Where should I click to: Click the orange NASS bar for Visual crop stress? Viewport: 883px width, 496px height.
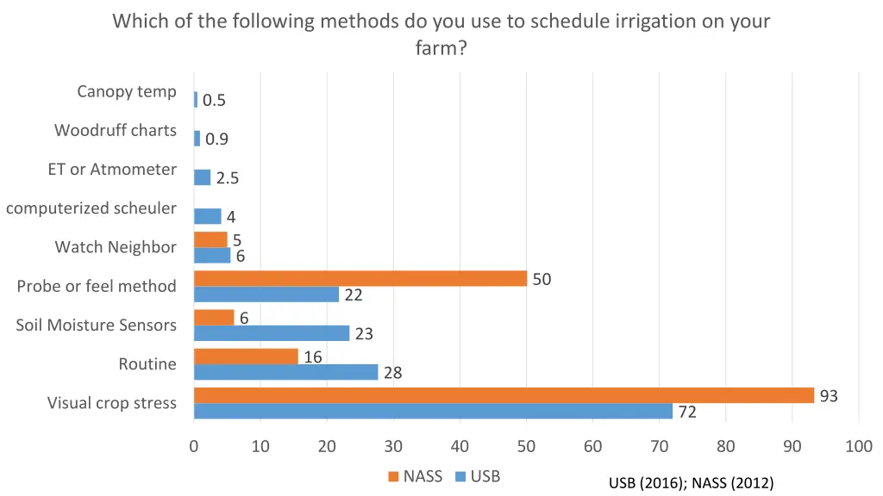[x=504, y=395]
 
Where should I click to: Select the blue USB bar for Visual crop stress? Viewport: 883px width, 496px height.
[x=433, y=412]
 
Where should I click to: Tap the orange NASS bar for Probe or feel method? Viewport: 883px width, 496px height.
[x=360, y=278]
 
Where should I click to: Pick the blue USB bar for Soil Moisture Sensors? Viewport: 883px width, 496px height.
[x=271, y=333]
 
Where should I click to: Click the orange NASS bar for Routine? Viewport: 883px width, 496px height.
[x=246, y=356]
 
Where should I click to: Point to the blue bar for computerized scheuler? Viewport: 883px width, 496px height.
[x=207, y=216]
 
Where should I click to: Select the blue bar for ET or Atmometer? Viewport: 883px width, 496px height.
[x=202, y=177]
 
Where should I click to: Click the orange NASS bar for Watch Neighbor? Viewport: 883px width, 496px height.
[x=210, y=239]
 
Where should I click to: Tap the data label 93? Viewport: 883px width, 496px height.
[x=829, y=396]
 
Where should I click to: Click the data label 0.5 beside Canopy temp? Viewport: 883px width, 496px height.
[x=214, y=101]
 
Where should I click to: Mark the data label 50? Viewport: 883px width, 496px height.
[x=542, y=279]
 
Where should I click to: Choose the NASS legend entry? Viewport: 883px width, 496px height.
[x=415, y=476]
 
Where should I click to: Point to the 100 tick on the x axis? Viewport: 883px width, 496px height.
[x=859, y=446]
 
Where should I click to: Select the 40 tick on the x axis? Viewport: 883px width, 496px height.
[x=460, y=446]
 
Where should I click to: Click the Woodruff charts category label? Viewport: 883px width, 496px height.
[x=116, y=131]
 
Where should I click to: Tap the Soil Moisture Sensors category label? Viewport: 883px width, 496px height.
[x=96, y=325]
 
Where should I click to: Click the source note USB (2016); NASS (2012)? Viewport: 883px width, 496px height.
[x=691, y=483]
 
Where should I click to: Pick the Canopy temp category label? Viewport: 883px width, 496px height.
[x=126, y=91]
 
